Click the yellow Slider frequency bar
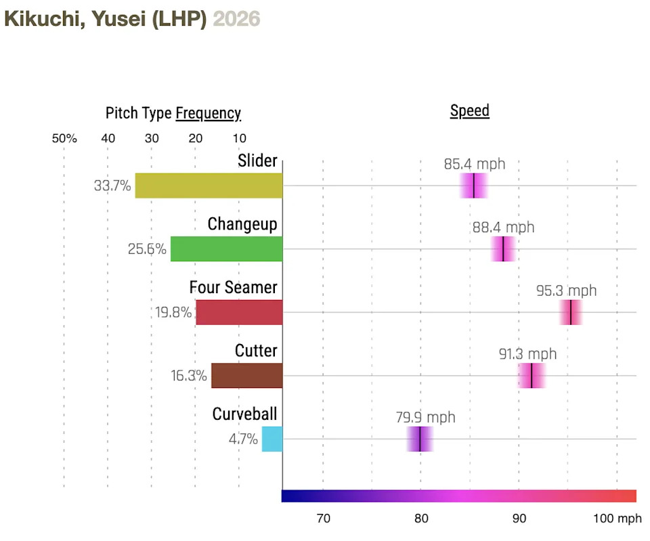[209, 186]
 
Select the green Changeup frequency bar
[226, 249]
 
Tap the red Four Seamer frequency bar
[239, 312]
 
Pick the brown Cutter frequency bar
[246, 376]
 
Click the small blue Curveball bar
[272, 439]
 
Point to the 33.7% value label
[112, 186]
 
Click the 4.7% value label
[243, 439]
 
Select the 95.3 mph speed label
[567, 290]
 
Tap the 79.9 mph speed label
[425, 417]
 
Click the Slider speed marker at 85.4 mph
[474, 186]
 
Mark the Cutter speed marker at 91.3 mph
[532, 376]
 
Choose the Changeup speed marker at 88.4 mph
[503, 249]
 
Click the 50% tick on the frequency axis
[64, 139]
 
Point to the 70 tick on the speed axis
[324, 519]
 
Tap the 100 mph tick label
[617, 519]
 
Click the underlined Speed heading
[469, 111]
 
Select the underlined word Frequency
[208, 113]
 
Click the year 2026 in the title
[236, 18]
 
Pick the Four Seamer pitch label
[233, 287]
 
